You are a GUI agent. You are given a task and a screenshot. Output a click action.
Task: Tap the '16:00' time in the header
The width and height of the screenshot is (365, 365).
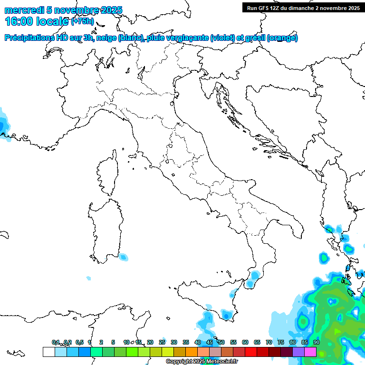tap(18, 21)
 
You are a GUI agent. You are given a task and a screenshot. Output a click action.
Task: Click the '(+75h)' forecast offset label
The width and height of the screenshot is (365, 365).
tap(83, 21)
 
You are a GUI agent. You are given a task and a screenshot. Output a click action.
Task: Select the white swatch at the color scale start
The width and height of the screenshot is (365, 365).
tap(48, 352)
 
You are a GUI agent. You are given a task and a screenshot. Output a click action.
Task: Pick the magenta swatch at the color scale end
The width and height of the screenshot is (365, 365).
tap(310, 352)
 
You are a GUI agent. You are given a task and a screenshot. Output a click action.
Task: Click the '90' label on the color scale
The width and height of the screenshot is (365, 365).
tap(316, 342)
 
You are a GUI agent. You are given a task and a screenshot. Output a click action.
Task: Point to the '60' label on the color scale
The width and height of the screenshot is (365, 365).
tap(245, 342)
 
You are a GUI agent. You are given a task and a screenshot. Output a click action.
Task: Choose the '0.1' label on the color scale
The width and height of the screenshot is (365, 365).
tap(56, 342)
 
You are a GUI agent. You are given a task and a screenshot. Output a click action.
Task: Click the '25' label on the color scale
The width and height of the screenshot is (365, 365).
tap(162, 342)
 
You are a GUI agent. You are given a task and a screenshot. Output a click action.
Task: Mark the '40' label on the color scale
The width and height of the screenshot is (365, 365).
tap(198, 342)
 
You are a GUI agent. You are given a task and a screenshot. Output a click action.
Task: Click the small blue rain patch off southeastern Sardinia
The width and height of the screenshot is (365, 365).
tap(124, 258)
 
